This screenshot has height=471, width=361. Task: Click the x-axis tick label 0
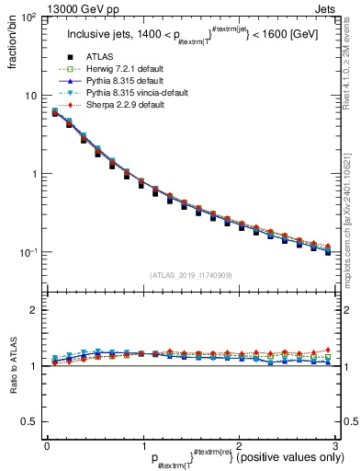pos(46,446)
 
